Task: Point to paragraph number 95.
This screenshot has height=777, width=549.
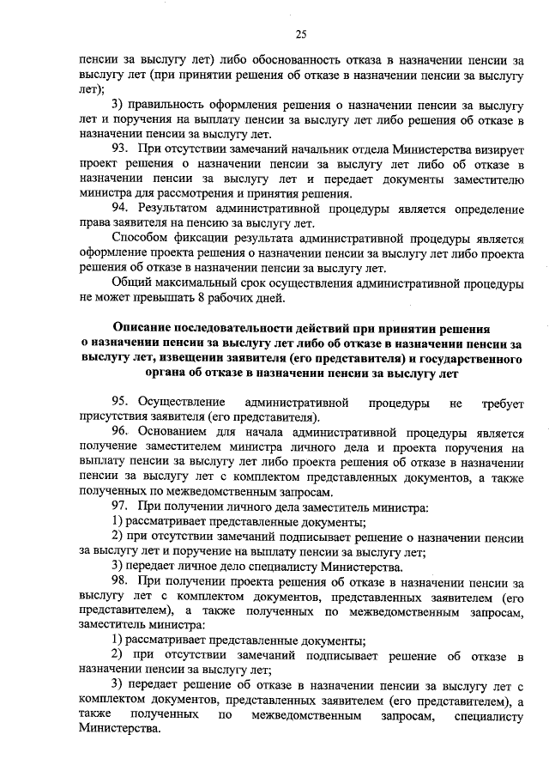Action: pyautogui.click(x=120, y=402)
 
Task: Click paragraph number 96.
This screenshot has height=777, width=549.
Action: pyautogui.click(x=120, y=432)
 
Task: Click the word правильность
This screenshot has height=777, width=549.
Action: pyautogui.click(x=169, y=105)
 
